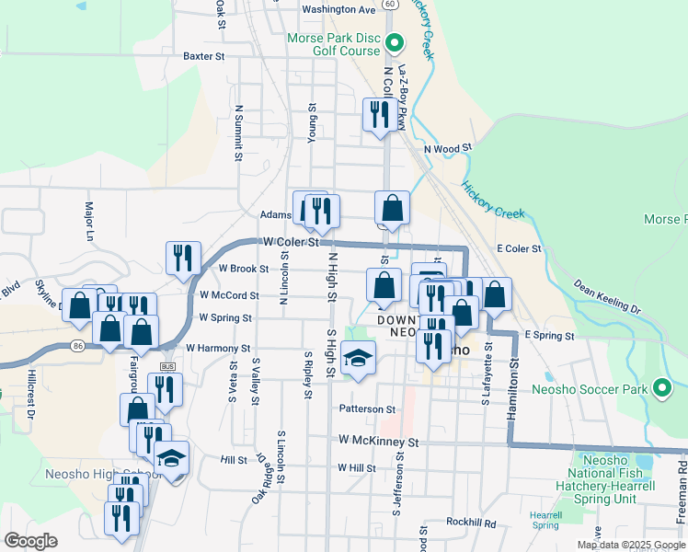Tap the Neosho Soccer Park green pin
coord(661,388)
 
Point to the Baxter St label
coord(204,56)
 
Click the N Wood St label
coord(447,147)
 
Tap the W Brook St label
coord(244,269)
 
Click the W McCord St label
coord(228,295)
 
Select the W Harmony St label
coord(218,349)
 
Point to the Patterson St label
coord(367,409)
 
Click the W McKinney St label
coord(378,443)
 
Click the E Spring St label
coord(549,336)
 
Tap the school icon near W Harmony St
coord(358,357)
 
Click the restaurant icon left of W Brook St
coord(183,258)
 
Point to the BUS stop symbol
coord(166,366)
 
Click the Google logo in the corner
coord(31,541)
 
